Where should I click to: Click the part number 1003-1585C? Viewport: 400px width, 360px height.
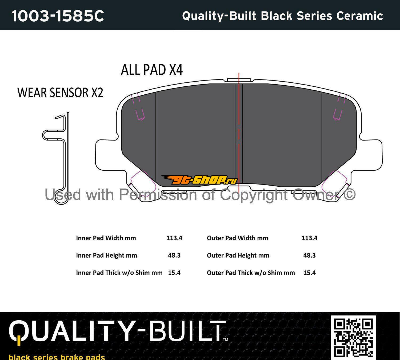[x=58, y=16]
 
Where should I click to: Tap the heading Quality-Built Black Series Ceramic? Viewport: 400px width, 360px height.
[x=282, y=16]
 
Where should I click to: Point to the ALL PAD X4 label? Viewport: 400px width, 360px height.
[x=152, y=70]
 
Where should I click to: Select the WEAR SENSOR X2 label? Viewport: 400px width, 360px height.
[x=60, y=93]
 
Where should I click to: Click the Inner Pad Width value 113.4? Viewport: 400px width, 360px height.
[x=174, y=238]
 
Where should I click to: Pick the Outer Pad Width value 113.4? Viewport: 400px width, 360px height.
[x=310, y=238]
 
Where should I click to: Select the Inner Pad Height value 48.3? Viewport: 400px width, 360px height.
[x=174, y=255]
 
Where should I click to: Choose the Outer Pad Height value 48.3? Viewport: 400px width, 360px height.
[x=310, y=255]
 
